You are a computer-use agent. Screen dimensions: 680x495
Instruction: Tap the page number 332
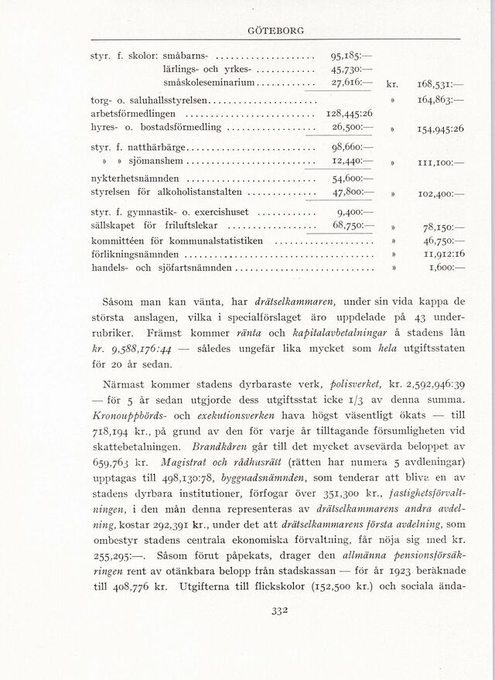click(x=275, y=610)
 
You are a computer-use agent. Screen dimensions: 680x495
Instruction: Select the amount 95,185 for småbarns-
click(x=351, y=55)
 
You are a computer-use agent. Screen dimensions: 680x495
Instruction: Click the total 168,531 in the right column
click(x=440, y=83)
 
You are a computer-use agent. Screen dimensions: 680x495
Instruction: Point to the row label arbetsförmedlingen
click(x=132, y=113)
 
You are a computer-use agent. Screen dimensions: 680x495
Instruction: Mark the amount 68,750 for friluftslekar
click(x=352, y=226)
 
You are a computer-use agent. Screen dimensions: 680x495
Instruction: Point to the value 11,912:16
click(x=444, y=254)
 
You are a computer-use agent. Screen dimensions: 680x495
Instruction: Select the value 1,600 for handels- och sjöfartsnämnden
click(x=447, y=268)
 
